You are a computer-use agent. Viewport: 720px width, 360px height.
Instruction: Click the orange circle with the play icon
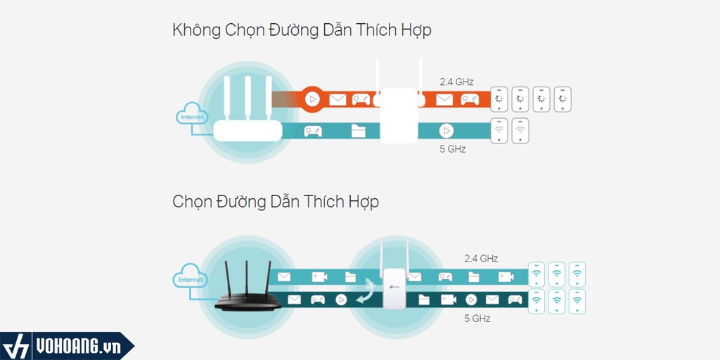(313, 99)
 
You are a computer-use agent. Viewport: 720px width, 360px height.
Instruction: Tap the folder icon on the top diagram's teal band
(359, 130)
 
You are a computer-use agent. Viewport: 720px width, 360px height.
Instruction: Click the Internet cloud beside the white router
(191, 117)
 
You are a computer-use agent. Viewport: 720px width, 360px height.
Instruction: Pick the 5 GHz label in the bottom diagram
(477, 319)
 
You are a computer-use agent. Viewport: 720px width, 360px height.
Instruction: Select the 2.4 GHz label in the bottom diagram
(482, 258)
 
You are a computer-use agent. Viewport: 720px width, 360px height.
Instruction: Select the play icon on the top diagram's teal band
(446, 130)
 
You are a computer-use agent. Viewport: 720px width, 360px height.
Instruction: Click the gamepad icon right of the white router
(313, 130)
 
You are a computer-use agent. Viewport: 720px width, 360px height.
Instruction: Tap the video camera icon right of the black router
(319, 277)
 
